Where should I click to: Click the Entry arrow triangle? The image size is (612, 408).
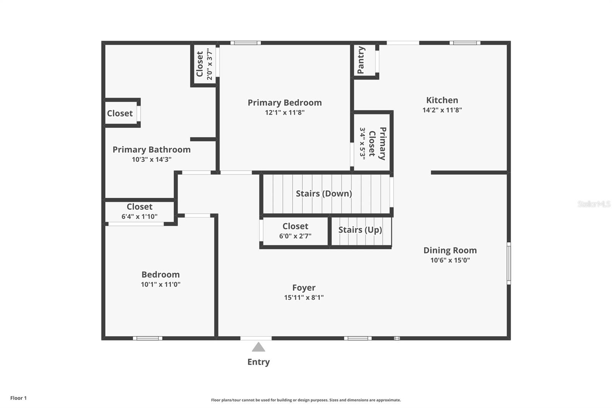[259, 347]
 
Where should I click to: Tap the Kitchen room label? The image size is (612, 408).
[442, 100]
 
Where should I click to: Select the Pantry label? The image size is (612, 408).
[361, 60]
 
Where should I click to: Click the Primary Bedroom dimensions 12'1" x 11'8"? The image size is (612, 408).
[285, 113]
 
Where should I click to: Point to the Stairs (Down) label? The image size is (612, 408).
[324, 194]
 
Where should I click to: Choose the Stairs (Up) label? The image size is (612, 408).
[360, 230]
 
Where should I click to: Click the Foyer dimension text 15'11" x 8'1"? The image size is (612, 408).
[304, 297]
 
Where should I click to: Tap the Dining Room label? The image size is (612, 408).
[450, 250]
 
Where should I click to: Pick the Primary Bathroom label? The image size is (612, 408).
[151, 150]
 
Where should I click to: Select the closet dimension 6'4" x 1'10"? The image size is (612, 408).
[139, 217]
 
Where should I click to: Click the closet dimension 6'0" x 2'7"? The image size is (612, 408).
[295, 236]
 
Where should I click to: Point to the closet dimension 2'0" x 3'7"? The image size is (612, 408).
[210, 64]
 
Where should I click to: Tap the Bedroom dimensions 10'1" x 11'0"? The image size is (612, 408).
[161, 284]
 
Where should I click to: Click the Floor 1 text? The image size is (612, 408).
[19, 398]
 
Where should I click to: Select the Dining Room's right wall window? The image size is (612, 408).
[509, 263]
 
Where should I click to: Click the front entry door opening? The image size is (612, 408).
[256, 338]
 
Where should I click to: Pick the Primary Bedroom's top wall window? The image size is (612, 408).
[246, 42]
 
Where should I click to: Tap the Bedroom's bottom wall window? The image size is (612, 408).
[148, 338]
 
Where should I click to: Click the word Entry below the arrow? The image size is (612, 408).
[259, 362]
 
